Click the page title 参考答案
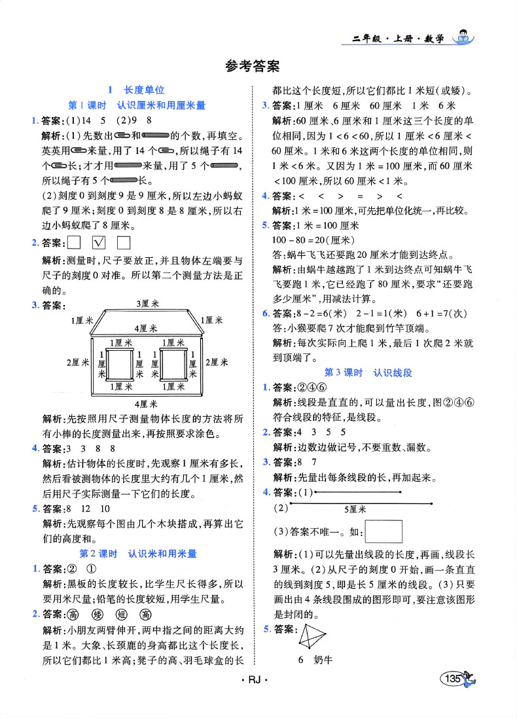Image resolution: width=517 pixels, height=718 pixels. [251, 65]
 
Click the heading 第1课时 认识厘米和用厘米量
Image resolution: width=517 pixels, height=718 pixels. [137, 105]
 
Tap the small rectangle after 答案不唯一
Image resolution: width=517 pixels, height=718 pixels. [383, 530]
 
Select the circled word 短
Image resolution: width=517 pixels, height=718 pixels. [121, 615]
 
